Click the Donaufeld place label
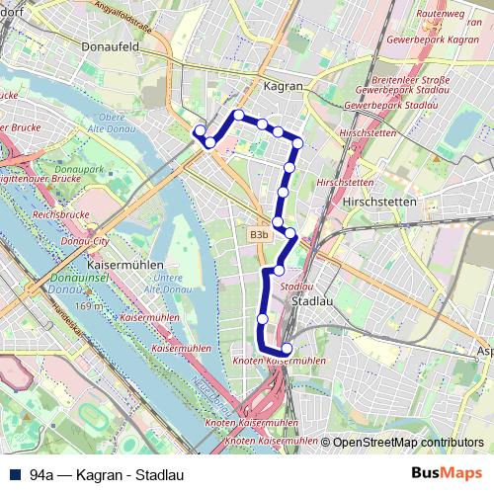pos(109,46)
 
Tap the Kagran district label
pos(284,86)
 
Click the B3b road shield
pos(259,235)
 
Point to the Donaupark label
pos(70,171)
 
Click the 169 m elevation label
pos(87,305)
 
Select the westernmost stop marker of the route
pos(200,130)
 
